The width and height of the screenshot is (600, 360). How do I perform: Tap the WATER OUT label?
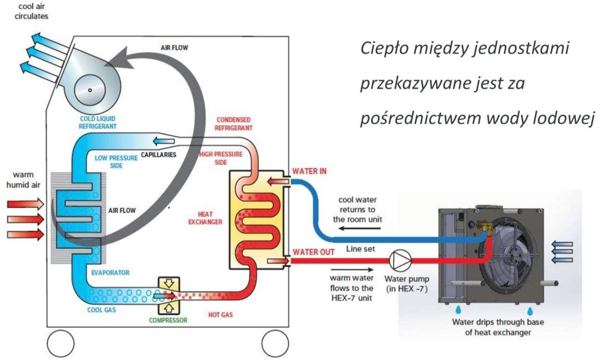click(x=313, y=253)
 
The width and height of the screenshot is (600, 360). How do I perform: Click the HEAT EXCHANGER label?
click(x=205, y=218)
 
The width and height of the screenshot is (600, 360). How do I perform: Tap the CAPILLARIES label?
click(x=158, y=155)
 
